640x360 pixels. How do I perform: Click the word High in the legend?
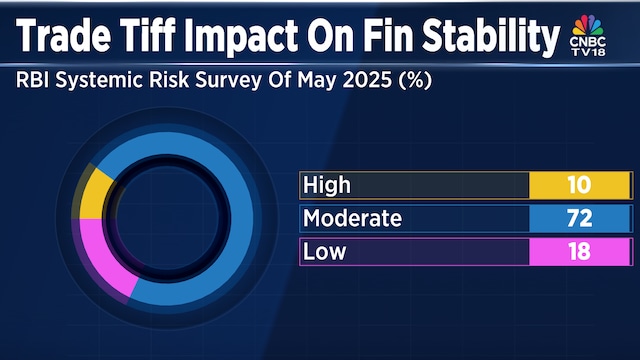click(x=328, y=185)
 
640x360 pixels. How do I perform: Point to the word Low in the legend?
click(x=324, y=252)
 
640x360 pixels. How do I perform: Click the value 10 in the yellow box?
click(x=578, y=185)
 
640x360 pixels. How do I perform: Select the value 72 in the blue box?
click(x=578, y=218)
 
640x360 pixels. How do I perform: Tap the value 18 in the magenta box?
click(x=578, y=252)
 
